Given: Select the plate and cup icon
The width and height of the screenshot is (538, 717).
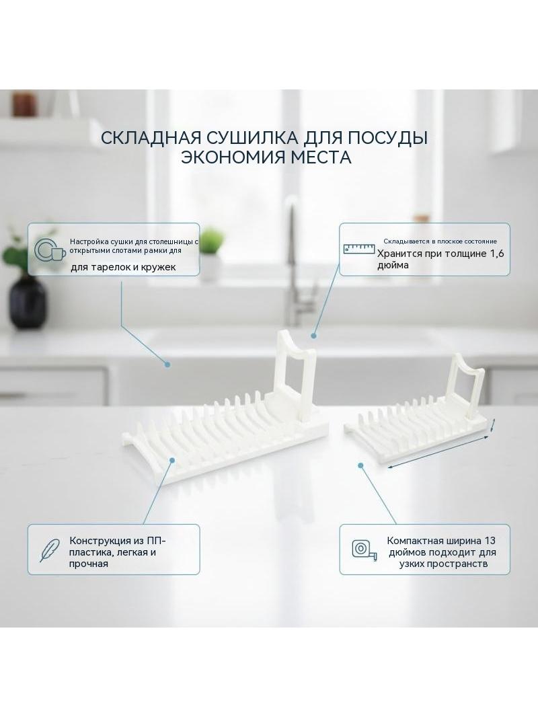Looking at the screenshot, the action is point(49,250).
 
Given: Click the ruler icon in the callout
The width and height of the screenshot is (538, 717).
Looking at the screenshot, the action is point(359,248).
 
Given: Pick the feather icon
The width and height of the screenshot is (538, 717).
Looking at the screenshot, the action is point(50,550).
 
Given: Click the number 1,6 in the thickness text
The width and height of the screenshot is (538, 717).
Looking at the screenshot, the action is point(498,254).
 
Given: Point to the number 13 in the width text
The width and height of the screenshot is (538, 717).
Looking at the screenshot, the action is point(490,541).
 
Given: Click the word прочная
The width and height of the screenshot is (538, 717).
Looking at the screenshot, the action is point(89,564).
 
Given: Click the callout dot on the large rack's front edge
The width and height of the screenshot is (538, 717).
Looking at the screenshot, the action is point(171,459).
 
